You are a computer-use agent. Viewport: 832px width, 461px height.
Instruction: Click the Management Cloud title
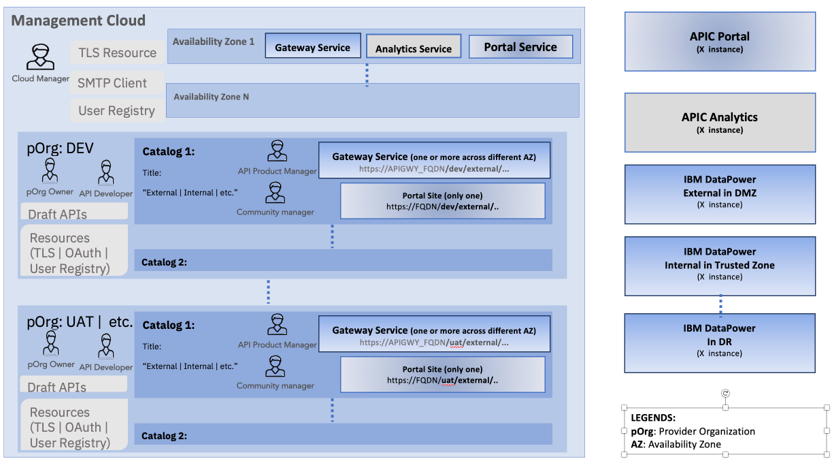(x=79, y=20)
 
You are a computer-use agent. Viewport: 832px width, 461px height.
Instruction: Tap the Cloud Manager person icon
(x=40, y=58)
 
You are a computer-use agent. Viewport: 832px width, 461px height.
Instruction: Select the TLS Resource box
(x=117, y=52)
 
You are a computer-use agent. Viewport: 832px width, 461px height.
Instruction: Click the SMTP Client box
(x=112, y=83)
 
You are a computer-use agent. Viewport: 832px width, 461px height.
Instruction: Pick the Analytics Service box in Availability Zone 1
(x=414, y=48)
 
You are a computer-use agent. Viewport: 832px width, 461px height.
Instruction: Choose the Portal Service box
(x=520, y=47)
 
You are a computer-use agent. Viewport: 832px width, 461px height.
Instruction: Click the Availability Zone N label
(x=211, y=97)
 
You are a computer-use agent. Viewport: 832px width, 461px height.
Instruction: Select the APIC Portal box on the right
(x=720, y=42)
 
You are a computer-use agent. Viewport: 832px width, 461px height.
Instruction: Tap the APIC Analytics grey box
(x=720, y=123)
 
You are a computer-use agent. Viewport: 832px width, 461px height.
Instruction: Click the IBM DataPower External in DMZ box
(x=720, y=194)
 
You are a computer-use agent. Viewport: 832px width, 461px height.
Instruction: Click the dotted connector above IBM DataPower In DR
(x=720, y=304)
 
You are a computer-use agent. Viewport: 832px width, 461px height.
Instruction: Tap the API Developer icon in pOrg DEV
(x=105, y=174)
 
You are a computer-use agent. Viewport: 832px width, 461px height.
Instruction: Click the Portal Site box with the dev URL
(x=442, y=200)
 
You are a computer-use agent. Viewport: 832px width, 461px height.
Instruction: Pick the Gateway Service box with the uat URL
(x=434, y=336)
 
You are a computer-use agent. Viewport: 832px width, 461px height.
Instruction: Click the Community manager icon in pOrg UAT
(x=275, y=367)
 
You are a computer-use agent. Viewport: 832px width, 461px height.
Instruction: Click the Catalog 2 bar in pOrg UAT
(x=344, y=435)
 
